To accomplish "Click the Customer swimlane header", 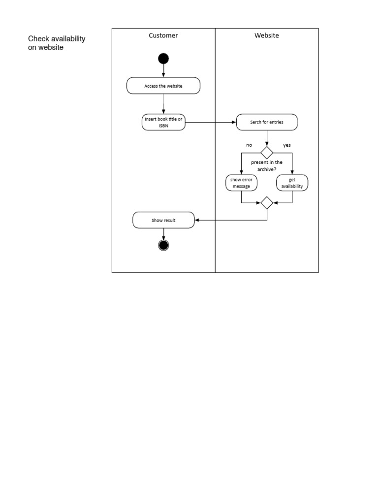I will click(163, 35).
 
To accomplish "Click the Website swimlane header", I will click(266, 35).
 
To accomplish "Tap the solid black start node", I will click(163, 59).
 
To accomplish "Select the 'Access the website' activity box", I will click(163, 86).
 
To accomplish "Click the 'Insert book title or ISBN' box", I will click(163, 122).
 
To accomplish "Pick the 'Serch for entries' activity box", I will click(266, 122).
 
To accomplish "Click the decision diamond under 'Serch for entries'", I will click(267, 152).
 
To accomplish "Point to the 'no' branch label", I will click(249, 145).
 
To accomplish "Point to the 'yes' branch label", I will click(287, 145).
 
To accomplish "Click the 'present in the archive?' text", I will click(267, 166).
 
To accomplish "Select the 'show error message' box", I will click(241, 183).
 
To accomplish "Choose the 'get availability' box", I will click(292, 183).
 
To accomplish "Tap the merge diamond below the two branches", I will click(267, 203).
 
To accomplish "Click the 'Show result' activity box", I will click(163, 220).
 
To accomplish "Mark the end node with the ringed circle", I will click(163, 245).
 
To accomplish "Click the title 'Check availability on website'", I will click(57, 43).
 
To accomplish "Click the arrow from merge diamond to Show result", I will click(231, 220).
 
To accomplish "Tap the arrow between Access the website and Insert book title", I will click(163, 104).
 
